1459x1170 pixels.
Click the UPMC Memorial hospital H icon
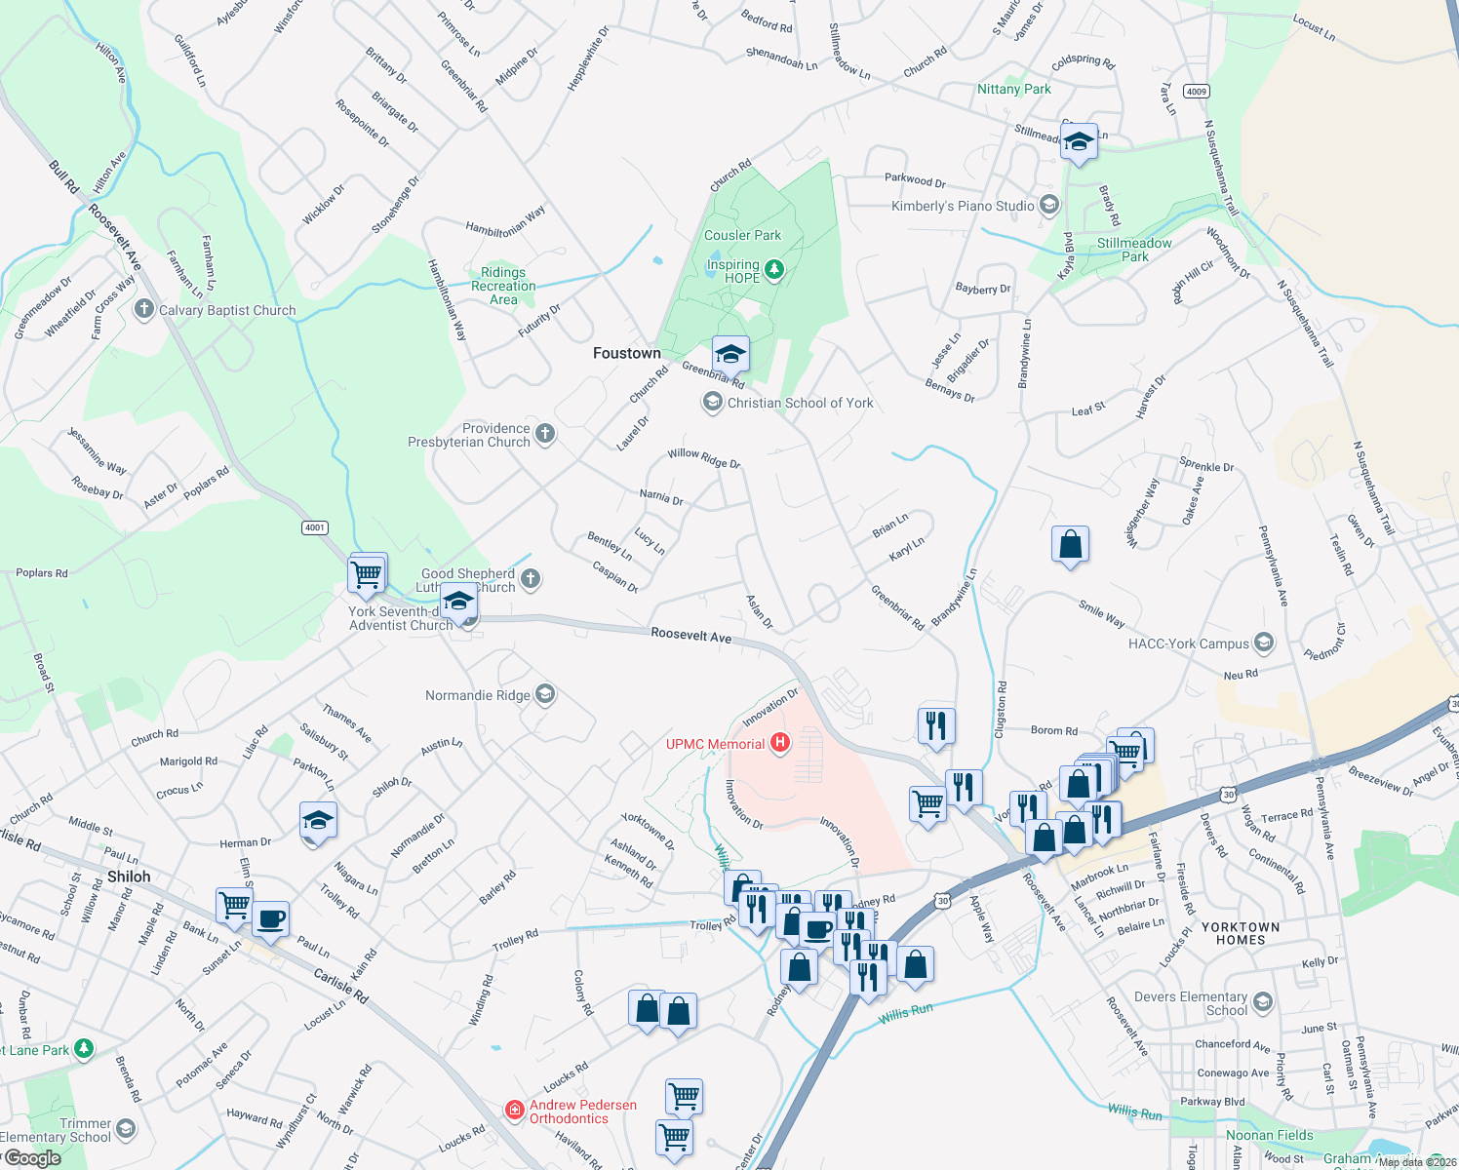(779, 744)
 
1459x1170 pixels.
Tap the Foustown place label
(627, 353)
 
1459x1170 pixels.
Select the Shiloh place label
(129, 877)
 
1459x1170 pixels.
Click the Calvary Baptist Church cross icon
(144, 310)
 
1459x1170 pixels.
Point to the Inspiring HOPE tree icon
(774, 269)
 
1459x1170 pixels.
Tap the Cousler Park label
(742, 235)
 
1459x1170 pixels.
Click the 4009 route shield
(1197, 92)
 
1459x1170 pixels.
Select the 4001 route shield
(314, 527)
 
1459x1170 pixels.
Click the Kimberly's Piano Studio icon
(1049, 205)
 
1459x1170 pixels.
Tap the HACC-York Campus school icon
(1264, 643)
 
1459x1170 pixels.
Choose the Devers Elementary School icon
(1263, 1002)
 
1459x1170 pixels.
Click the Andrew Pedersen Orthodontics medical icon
(514, 1111)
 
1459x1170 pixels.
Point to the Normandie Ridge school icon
(545, 694)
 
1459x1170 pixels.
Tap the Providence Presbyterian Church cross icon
(545, 434)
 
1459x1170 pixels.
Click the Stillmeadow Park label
(1134, 250)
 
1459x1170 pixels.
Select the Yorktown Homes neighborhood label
(1241, 933)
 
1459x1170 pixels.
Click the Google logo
(32, 1157)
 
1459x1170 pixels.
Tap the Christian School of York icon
(713, 402)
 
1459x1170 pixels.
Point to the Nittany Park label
(1014, 89)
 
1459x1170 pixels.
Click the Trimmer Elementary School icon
(127, 1129)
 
